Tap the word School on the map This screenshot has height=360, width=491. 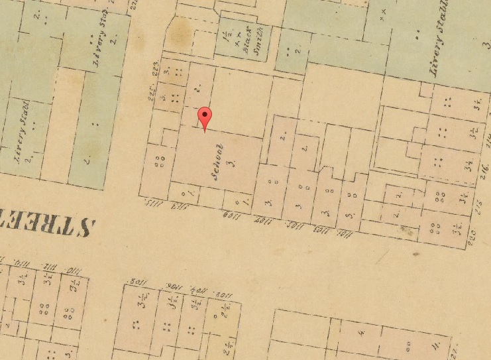click(218, 162)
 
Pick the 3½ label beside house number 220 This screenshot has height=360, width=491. click(457, 231)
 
